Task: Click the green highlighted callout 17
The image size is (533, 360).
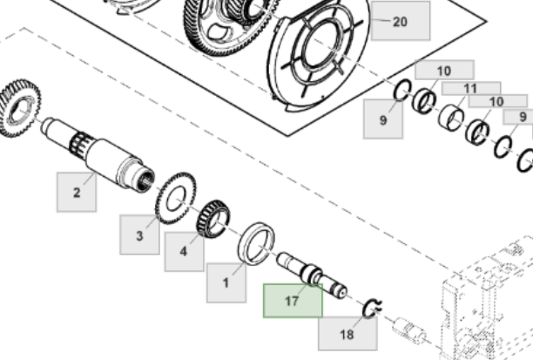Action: click(293, 301)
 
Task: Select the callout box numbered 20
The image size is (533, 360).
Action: click(400, 21)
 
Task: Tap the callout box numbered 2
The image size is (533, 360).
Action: click(77, 193)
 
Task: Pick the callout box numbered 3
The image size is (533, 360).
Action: click(139, 234)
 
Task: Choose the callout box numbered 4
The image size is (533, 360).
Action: click(183, 251)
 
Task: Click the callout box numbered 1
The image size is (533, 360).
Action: click(226, 282)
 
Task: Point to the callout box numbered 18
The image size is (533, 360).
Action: click(347, 333)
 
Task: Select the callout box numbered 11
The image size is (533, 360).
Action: click(470, 88)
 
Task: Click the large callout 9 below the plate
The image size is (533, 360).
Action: click(382, 119)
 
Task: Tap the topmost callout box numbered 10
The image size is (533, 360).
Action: click(444, 70)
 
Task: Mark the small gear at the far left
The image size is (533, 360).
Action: click(15, 107)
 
